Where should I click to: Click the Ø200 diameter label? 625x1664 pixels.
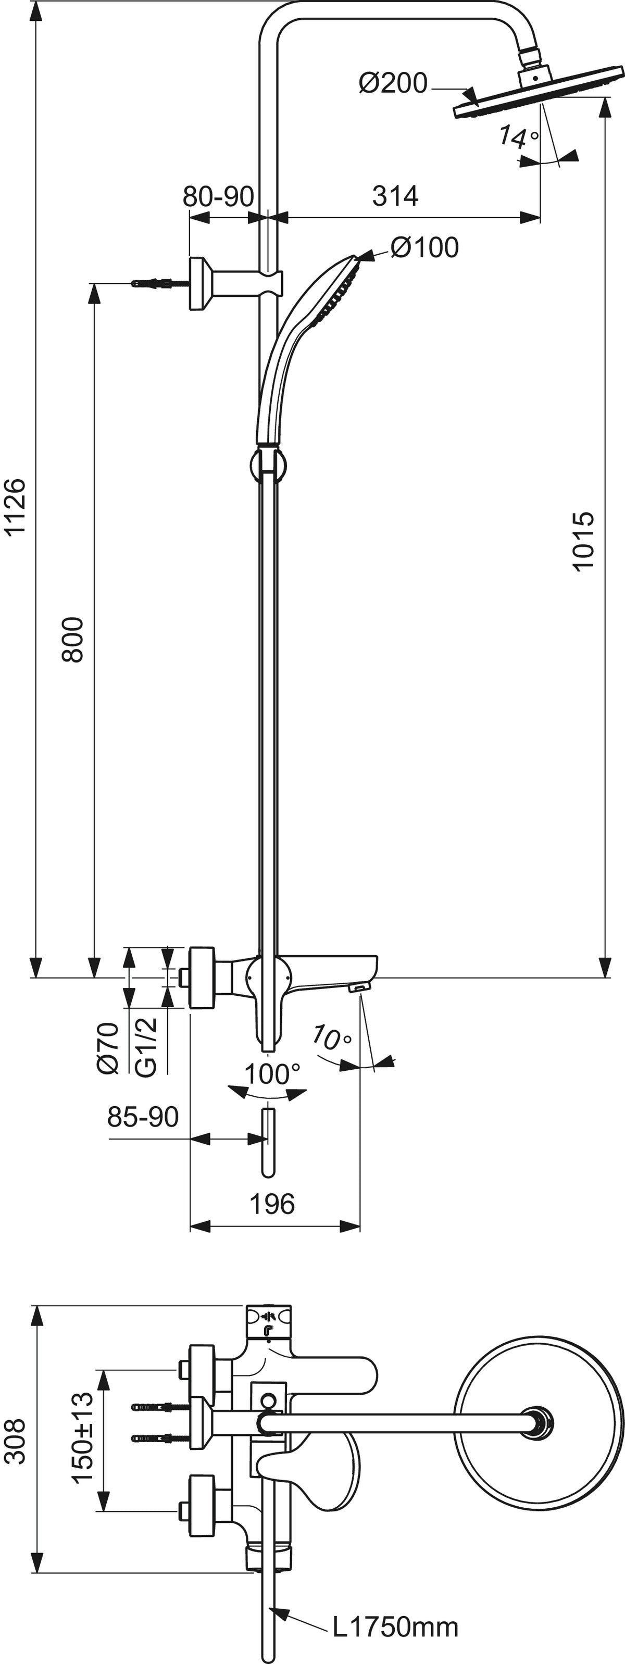(393, 83)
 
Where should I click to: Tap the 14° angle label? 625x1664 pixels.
(518, 137)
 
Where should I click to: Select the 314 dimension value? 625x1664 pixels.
(395, 195)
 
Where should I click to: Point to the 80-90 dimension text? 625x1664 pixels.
(218, 196)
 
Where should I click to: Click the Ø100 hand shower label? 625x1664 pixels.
(424, 247)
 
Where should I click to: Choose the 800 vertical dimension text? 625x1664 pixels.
(73, 639)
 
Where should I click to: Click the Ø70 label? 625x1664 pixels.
(108, 1048)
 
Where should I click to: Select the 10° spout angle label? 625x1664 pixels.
(332, 1038)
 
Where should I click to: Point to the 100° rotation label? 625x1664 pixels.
(272, 1074)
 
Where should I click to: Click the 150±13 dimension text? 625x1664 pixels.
(83, 1437)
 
